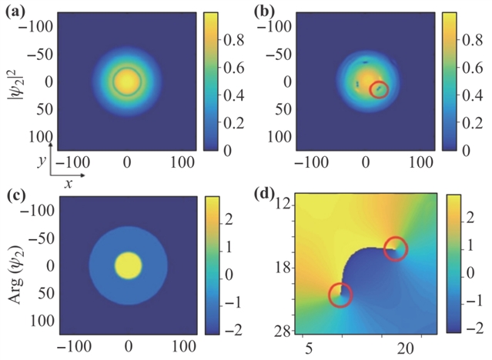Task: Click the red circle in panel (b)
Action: click(379, 90)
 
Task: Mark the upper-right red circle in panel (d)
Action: click(395, 249)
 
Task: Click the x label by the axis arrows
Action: click(68, 185)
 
